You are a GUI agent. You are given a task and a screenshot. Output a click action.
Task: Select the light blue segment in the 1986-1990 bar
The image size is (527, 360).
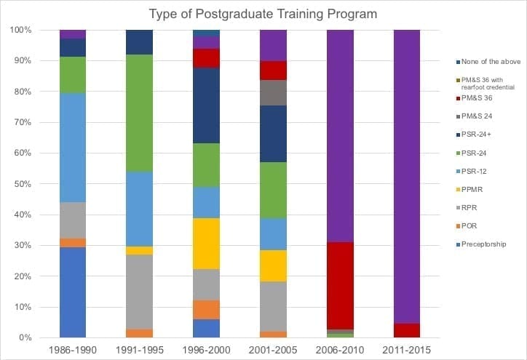click(x=73, y=153)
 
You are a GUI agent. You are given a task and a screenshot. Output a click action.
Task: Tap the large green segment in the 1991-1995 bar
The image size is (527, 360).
click(x=139, y=113)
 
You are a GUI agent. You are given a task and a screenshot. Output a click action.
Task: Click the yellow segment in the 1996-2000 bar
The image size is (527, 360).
click(x=206, y=243)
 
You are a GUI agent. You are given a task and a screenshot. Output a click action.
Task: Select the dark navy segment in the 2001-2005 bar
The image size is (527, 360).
click(x=273, y=134)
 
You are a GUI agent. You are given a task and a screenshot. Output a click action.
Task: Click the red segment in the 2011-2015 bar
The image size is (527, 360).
click(x=406, y=330)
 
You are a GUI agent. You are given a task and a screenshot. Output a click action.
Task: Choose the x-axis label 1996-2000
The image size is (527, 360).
click(x=206, y=350)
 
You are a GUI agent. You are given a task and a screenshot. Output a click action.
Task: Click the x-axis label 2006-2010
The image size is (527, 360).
click(x=339, y=350)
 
